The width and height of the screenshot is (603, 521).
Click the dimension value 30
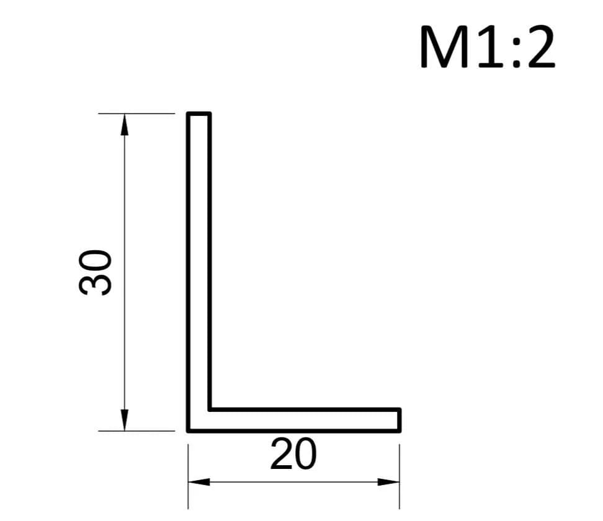[x=95, y=272]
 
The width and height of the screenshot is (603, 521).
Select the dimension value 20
[x=293, y=455]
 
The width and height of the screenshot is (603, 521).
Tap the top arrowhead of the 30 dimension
[x=124, y=125]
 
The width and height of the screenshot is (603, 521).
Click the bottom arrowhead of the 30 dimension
[x=124, y=419]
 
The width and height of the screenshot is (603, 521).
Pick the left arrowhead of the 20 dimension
[x=199, y=482]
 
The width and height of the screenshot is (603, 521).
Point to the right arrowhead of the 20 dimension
[x=388, y=482]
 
